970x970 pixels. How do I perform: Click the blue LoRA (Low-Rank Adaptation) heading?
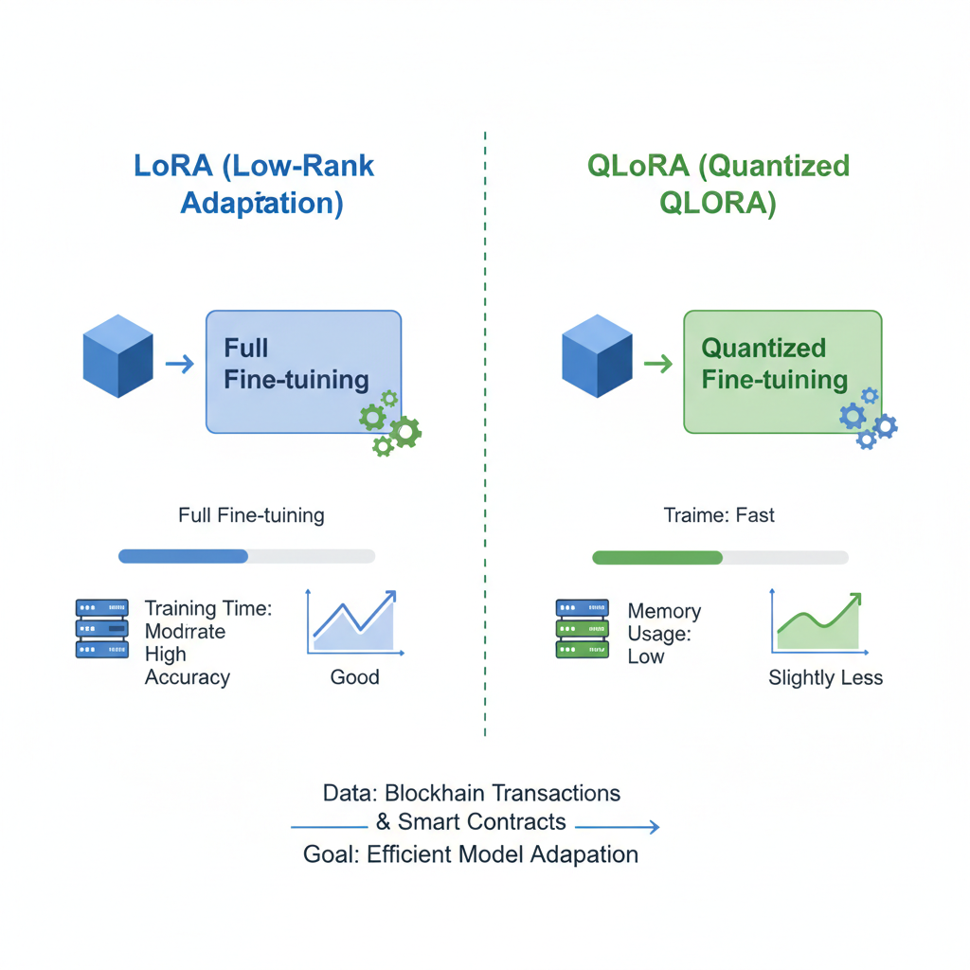[254, 184]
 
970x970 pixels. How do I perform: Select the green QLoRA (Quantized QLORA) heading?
[718, 184]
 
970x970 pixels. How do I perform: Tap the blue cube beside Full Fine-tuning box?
[118, 356]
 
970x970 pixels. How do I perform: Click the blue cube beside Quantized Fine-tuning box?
[597, 356]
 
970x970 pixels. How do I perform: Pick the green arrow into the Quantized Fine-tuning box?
[657, 363]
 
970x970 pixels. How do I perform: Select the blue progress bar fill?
[183, 556]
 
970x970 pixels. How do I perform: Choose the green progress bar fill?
[656, 557]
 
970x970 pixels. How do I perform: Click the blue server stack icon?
[101, 628]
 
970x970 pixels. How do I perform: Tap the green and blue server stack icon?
[582, 628]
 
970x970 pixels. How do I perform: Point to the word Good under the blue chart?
[354, 677]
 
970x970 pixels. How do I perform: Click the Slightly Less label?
[825, 678]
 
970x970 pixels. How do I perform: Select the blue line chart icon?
[354, 622]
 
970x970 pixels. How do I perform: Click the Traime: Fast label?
[719, 515]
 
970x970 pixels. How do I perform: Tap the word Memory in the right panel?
[664, 611]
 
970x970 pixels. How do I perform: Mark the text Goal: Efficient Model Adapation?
[471, 854]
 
